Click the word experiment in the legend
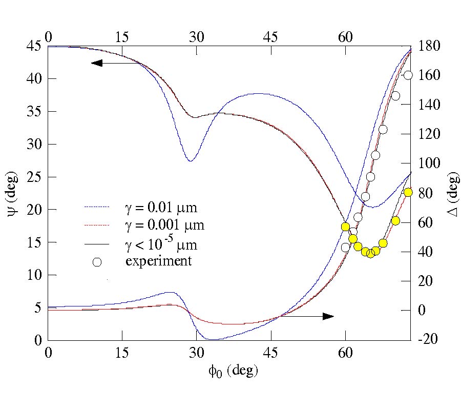tap(159, 261)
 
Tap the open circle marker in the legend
tap(97, 262)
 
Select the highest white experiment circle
tap(408, 75)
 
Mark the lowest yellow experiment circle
tap(371, 253)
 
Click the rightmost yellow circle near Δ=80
tap(408, 192)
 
